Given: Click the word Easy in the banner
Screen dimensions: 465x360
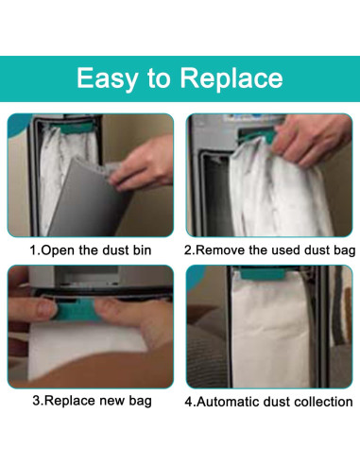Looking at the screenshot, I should [110, 77].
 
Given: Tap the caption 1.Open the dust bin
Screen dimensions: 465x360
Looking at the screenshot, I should [91, 251].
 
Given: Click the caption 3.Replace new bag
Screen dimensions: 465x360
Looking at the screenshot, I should [91, 401].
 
